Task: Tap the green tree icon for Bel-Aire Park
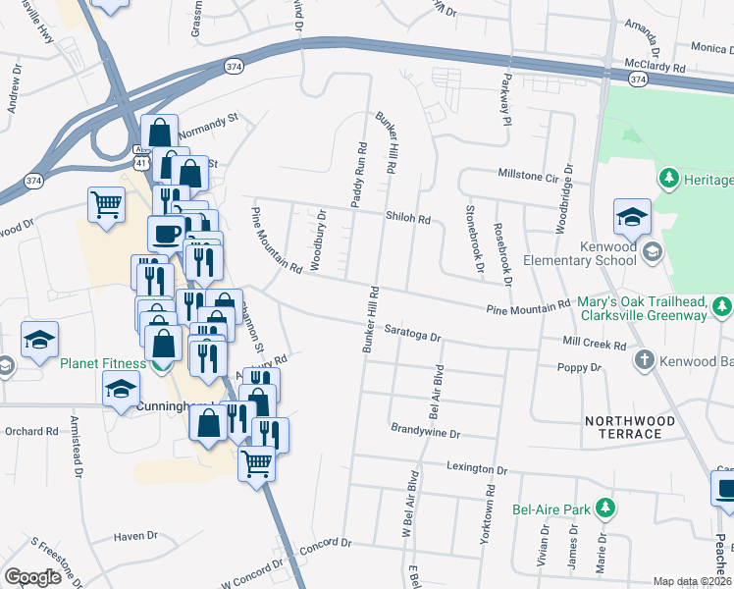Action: click(607, 508)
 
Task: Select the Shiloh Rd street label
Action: click(408, 220)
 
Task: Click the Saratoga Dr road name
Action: click(413, 331)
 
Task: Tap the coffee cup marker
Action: click(165, 234)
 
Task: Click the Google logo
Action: click(32, 576)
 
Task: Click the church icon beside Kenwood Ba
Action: click(644, 359)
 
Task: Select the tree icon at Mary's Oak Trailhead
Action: click(722, 306)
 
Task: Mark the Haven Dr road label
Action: click(135, 536)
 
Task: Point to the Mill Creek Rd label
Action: click(595, 345)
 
